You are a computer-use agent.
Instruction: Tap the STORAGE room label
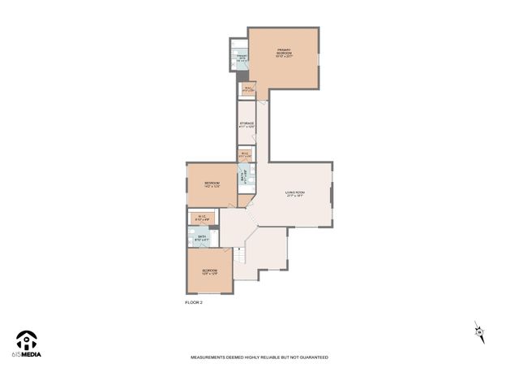click(247, 125)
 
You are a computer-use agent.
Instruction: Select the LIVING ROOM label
click(294, 194)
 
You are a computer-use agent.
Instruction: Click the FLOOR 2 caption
click(194, 302)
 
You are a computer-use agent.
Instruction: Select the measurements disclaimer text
click(259, 357)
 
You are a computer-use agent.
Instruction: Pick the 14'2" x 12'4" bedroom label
click(212, 185)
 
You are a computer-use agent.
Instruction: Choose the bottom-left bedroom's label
click(209, 271)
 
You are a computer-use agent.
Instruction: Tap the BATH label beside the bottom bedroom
click(202, 238)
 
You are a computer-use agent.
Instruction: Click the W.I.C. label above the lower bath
click(202, 218)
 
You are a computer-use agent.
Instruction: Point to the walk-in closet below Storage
click(244, 154)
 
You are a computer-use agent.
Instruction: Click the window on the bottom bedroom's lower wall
click(209, 293)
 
